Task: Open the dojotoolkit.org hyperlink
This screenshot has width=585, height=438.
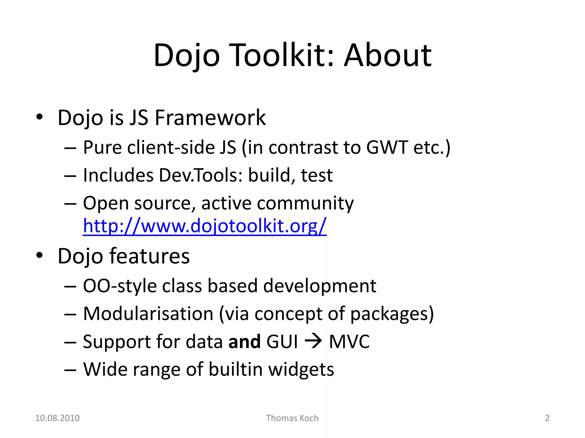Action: (x=205, y=226)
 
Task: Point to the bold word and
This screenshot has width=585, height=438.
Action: (x=245, y=341)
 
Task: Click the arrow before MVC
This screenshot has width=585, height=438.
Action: (x=313, y=341)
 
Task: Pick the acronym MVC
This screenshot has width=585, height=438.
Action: (x=349, y=341)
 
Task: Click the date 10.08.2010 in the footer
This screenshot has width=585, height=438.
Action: (x=57, y=418)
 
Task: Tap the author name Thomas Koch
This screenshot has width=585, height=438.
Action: (x=292, y=418)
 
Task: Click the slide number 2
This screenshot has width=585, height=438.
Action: (x=547, y=418)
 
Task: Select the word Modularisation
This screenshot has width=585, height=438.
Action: (x=148, y=314)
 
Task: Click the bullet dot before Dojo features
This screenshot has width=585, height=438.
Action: (x=39, y=255)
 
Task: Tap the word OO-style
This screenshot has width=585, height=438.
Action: (x=120, y=286)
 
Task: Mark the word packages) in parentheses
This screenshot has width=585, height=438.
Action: (x=392, y=314)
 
